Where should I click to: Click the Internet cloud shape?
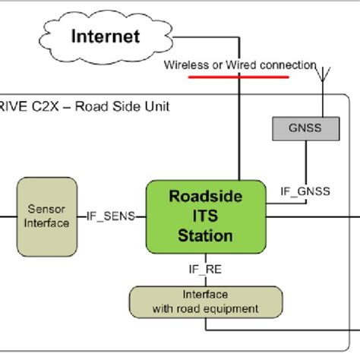106,36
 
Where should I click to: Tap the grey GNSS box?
304,128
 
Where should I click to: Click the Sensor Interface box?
48,215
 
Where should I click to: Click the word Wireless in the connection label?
187,65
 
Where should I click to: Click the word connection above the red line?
287,65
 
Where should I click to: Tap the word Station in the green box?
205,236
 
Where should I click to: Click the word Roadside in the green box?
205,196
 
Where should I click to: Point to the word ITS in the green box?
205,216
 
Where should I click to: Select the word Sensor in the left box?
48,208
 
